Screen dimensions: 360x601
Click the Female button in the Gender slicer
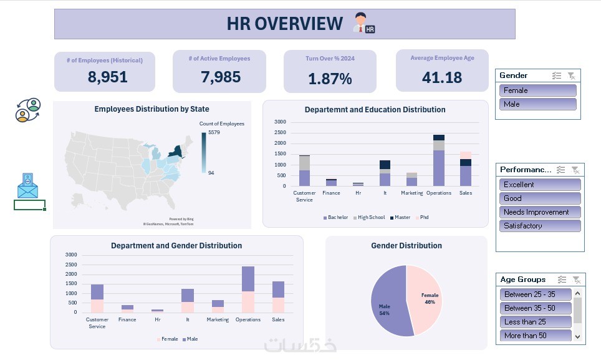(x=537, y=90)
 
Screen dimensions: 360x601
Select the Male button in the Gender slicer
(x=537, y=104)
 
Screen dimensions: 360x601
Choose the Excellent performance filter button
(x=540, y=185)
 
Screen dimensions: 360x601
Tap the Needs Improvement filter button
(x=540, y=212)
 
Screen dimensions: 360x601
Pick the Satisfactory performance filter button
(x=540, y=226)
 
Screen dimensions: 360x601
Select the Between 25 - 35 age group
(x=536, y=294)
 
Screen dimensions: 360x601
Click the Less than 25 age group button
(x=536, y=322)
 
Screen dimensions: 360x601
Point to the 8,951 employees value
(x=107, y=77)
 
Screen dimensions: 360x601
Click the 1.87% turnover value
(x=330, y=79)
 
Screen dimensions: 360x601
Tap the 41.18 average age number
(x=442, y=77)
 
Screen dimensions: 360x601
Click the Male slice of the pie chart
(x=387, y=306)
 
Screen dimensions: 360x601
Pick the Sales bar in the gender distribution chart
(x=278, y=296)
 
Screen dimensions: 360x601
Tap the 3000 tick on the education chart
(x=280, y=122)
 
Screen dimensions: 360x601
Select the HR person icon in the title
(x=363, y=23)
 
